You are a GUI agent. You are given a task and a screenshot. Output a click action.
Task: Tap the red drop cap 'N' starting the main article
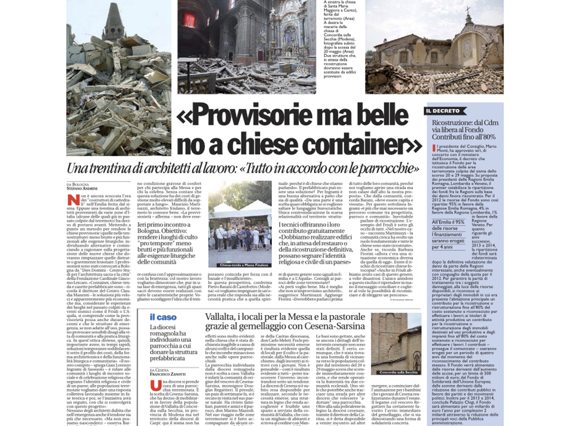click(71, 200)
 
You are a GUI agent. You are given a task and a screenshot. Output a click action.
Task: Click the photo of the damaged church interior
click(244, 47)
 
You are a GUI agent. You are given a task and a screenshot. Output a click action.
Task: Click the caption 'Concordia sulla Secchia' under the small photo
click(395, 371)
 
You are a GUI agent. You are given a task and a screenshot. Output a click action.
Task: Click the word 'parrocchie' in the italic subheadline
click(386, 169)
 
